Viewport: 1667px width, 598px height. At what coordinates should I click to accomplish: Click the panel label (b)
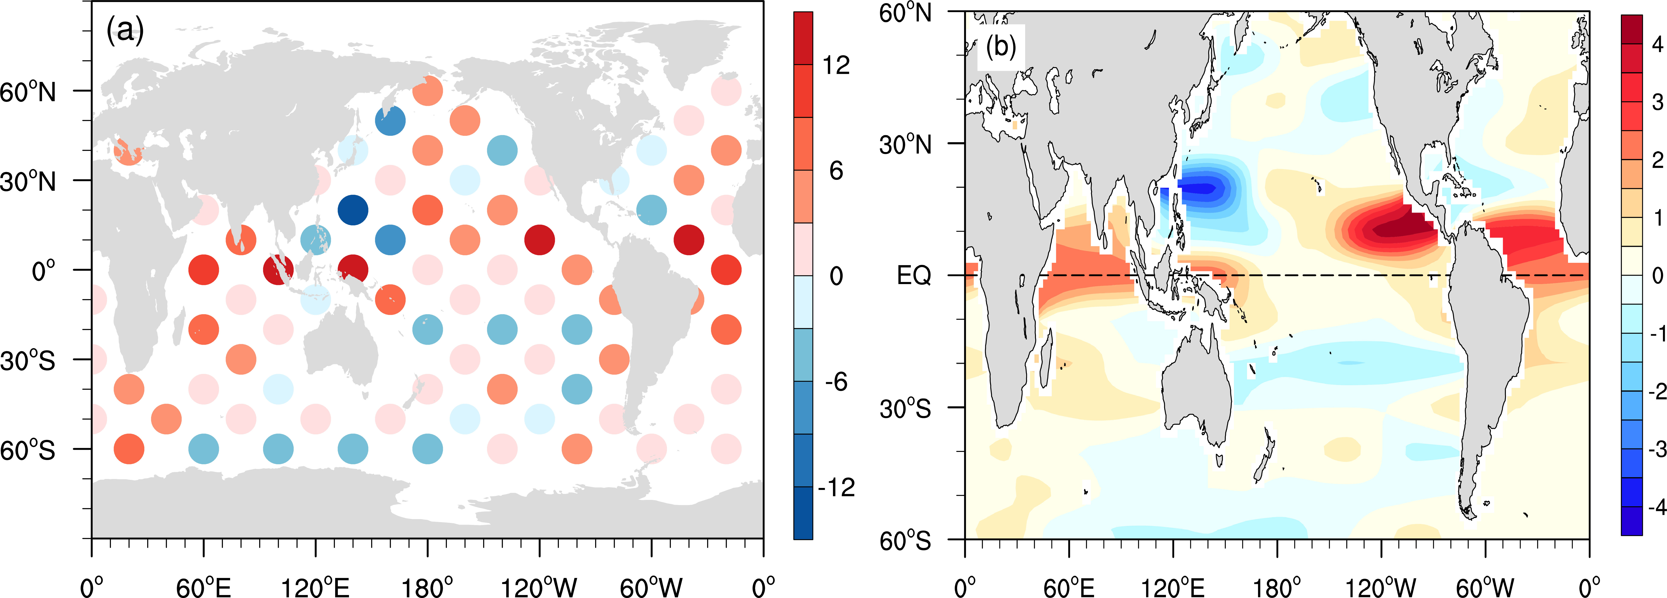click(1000, 46)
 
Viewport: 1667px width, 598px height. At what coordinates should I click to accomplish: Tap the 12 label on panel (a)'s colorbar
click(836, 65)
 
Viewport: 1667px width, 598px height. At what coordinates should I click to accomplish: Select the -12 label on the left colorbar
click(836, 487)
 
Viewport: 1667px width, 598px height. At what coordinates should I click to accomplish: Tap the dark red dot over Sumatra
click(278, 269)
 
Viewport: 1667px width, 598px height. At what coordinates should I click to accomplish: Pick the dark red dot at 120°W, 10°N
click(539, 240)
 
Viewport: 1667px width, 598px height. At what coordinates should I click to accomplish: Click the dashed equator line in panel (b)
click(1294, 275)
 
